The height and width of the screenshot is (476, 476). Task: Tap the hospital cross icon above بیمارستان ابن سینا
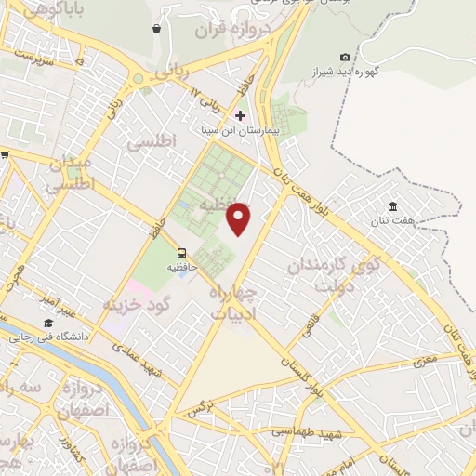click(x=241, y=116)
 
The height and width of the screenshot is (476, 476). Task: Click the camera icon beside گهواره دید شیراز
click(x=346, y=58)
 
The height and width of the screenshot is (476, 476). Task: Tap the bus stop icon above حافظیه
click(x=181, y=252)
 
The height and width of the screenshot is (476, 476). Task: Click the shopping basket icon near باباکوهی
click(x=155, y=29)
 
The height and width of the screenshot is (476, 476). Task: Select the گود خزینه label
click(x=139, y=305)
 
